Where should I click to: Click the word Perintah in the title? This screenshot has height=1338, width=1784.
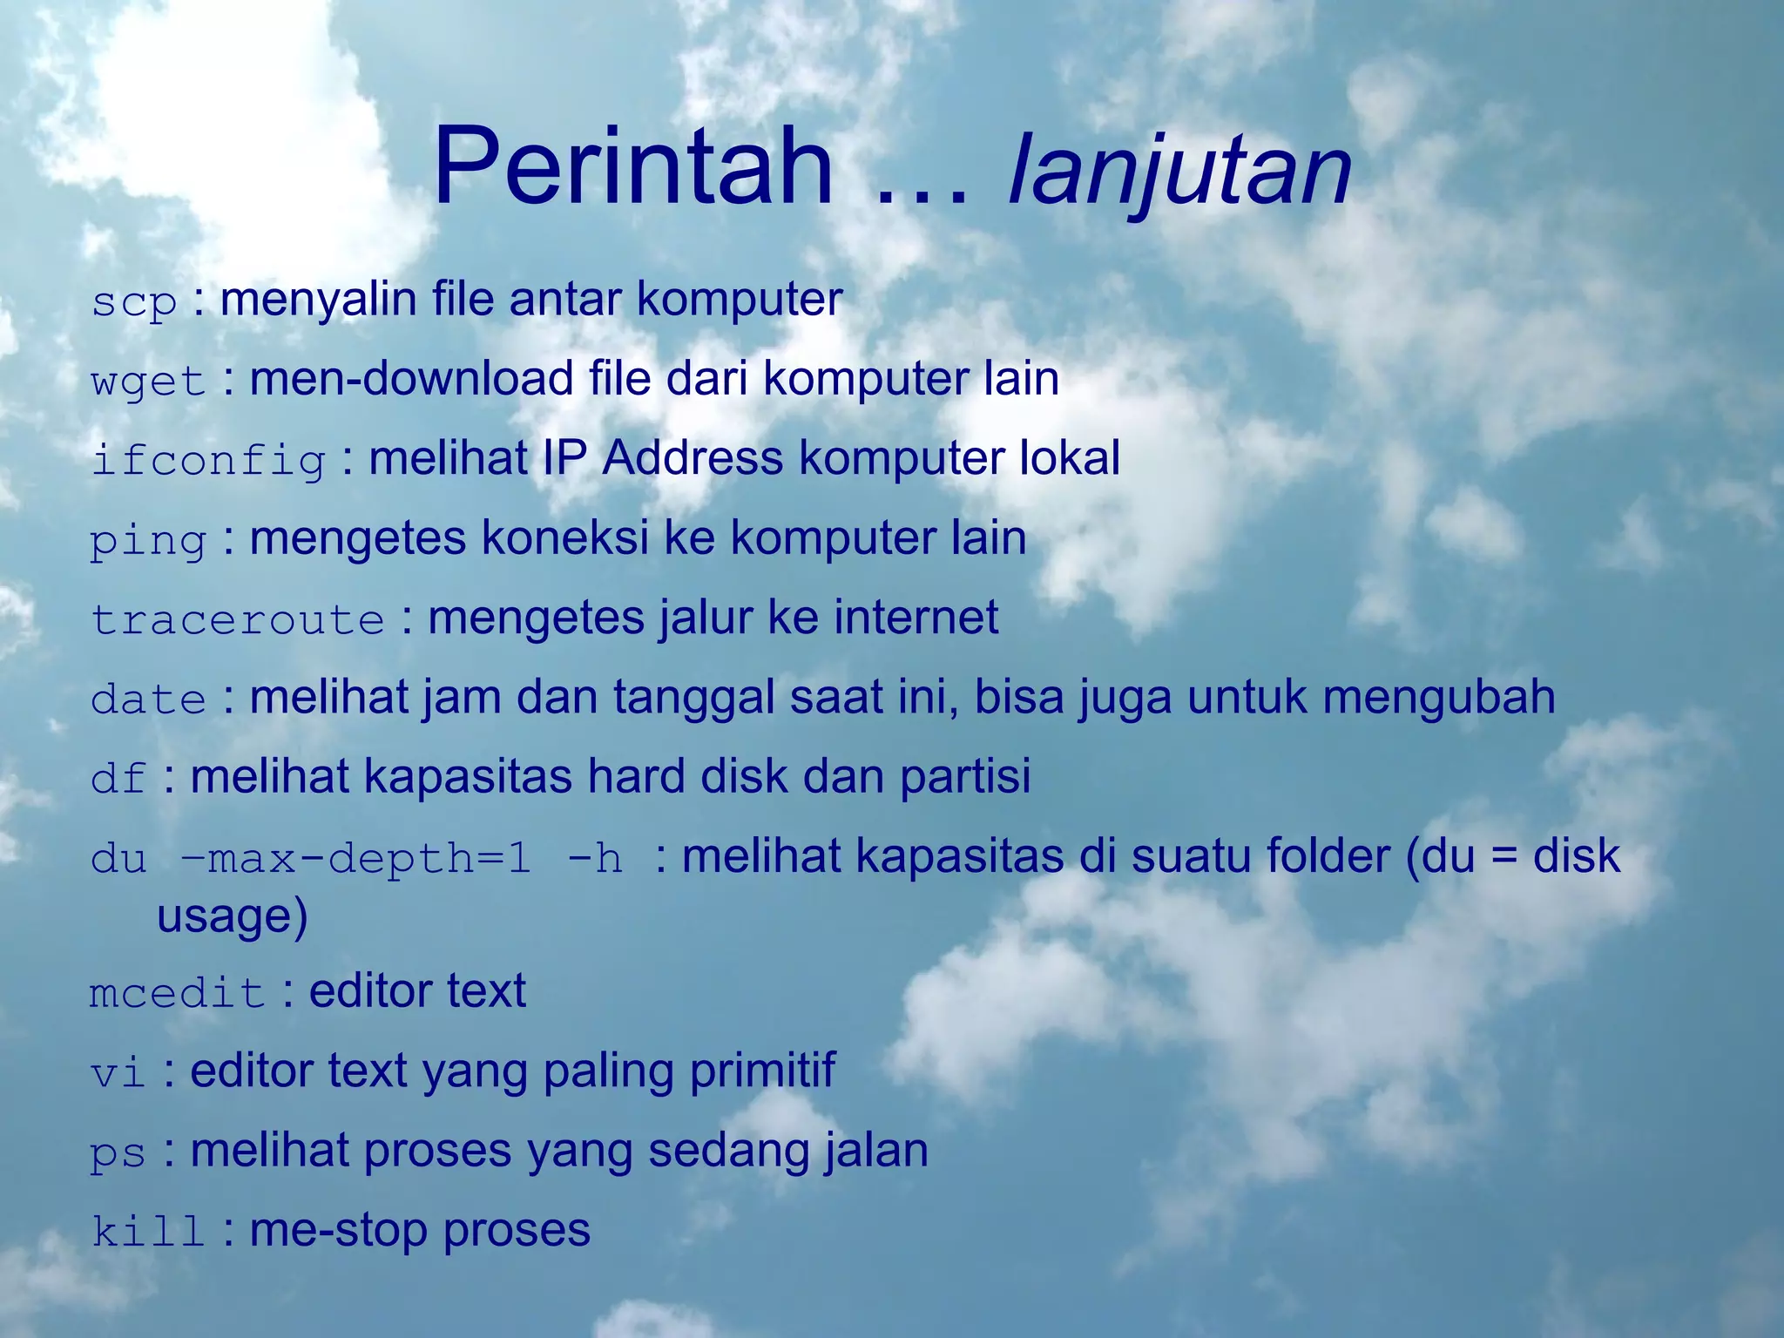point(632,167)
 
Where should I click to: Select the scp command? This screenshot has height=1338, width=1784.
point(134,302)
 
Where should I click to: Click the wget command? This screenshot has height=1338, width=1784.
point(148,382)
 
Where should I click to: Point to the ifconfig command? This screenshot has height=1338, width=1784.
point(208,461)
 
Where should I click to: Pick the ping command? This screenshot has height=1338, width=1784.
point(148,541)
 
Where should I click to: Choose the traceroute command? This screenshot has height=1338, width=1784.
point(238,620)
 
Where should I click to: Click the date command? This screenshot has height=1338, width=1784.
point(148,699)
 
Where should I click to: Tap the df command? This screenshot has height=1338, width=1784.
point(118,779)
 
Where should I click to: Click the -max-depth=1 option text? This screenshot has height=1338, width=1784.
point(355,859)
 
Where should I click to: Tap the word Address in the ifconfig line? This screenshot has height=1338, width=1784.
point(693,458)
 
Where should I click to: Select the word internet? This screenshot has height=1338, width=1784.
point(916,618)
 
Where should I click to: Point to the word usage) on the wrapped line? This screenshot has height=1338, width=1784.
point(232,917)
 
